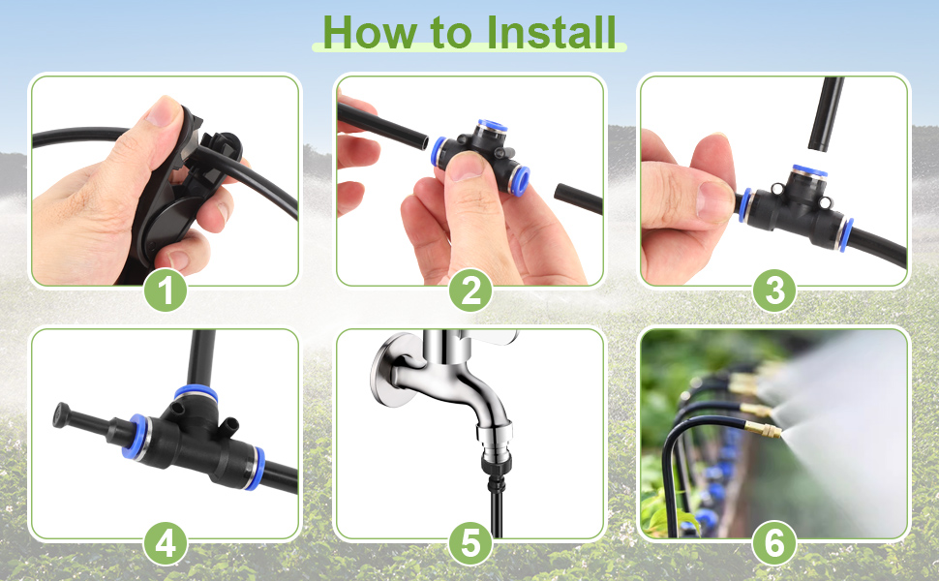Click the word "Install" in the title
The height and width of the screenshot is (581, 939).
pyautogui.click(x=551, y=32)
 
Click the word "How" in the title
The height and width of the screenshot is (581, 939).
pyautogui.click(x=369, y=32)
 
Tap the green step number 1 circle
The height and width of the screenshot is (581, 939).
pyautogui.click(x=166, y=290)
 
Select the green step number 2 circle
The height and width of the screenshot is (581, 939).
pyautogui.click(x=470, y=290)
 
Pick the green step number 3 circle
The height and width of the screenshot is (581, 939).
pyautogui.click(x=774, y=290)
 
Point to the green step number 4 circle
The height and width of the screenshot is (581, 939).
pyautogui.click(x=166, y=544)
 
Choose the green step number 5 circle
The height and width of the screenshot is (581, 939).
pyautogui.click(x=470, y=544)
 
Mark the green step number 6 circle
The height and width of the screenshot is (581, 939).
pyautogui.click(x=774, y=544)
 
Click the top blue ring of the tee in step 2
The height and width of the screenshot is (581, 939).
pyautogui.click(x=493, y=125)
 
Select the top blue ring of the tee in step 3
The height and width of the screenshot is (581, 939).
pyautogui.click(x=809, y=170)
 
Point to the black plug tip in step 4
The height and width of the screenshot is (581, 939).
pyautogui.click(x=61, y=413)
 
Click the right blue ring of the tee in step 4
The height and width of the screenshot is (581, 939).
pyautogui.click(x=257, y=468)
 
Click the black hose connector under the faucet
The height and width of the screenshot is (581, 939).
pyautogui.click(x=497, y=471)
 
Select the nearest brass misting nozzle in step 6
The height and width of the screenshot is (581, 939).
pyautogui.click(x=763, y=430)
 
